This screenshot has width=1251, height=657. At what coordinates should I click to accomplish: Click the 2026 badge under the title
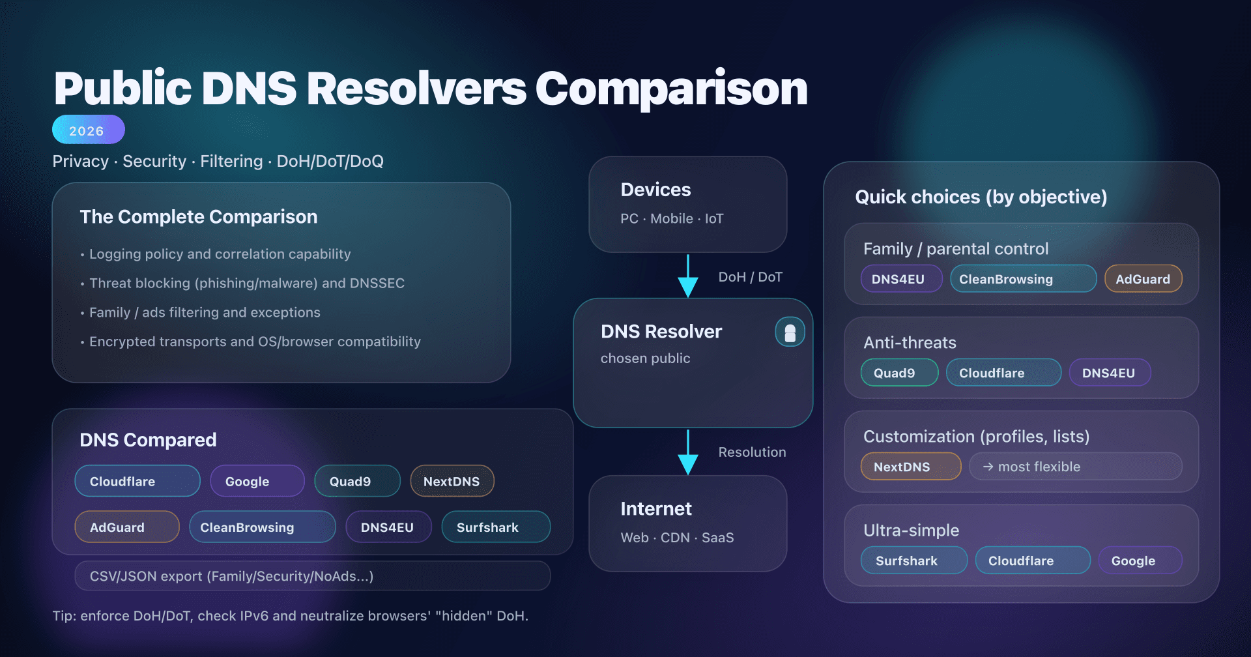point(88,130)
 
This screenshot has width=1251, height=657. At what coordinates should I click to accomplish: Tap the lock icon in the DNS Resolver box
point(790,332)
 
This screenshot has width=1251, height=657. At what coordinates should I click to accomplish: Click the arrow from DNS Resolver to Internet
point(688,452)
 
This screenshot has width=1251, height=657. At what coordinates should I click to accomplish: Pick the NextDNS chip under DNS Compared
point(452,481)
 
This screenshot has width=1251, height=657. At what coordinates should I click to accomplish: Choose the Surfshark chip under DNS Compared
point(495,527)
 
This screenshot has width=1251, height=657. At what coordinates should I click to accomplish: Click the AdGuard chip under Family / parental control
point(1143,279)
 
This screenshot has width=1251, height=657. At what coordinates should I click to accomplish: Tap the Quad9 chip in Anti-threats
point(899,373)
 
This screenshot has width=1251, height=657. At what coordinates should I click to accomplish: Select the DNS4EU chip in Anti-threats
point(1110,373)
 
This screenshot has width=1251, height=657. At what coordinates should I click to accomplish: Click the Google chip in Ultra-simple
point(1139,561)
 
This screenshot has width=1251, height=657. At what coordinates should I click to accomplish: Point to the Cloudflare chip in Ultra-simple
point(1032,561)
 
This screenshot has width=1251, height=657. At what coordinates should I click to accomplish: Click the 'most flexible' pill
point(1075,467)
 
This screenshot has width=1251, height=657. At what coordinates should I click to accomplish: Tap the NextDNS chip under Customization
point(910,467)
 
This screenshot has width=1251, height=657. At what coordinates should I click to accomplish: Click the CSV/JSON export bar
point(312,576)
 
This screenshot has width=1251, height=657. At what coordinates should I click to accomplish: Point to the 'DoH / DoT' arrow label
point(750,277)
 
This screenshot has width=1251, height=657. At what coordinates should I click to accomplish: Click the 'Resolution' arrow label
point(752,452)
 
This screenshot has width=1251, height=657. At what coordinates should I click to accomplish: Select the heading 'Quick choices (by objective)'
point(981,197)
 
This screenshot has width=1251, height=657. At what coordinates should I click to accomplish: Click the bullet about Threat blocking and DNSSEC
point(246,284)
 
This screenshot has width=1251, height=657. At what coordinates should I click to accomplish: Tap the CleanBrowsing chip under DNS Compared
point(262,527)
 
